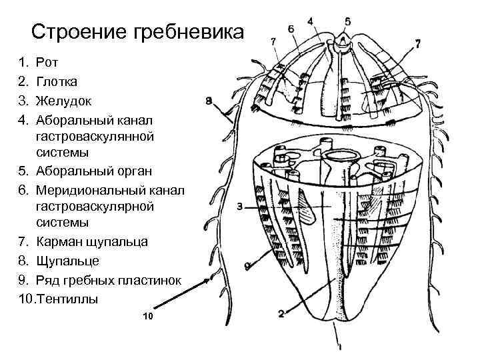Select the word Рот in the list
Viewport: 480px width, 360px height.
click(48, 63)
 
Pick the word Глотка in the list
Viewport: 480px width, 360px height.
click(57, 82)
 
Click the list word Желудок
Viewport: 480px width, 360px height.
click(63, 101)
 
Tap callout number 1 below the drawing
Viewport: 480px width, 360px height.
click(340, 347)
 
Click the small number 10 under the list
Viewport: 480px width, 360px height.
click(148, 316)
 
